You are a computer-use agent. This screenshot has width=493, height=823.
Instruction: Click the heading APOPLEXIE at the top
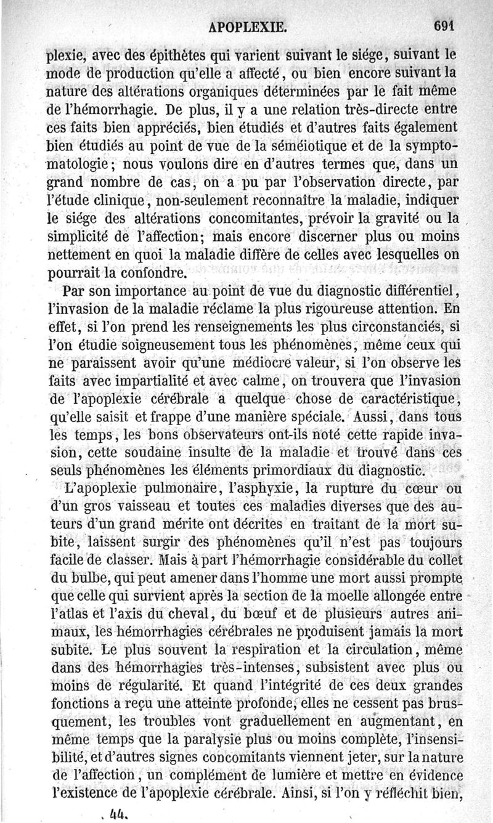point(248,26)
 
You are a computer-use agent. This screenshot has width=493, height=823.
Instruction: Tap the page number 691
point(442,25)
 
